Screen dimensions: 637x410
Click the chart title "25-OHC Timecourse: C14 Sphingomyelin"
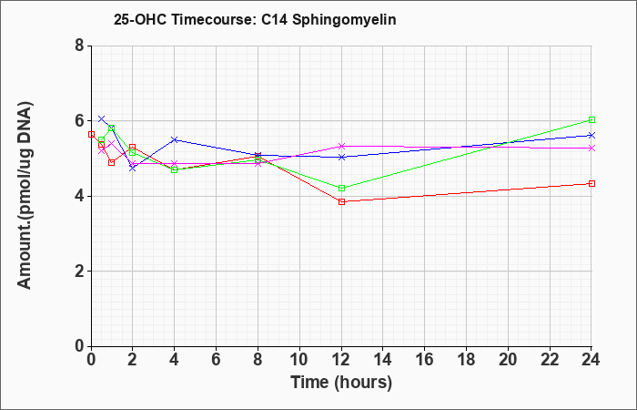click(255, 19)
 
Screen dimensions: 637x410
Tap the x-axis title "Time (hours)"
click(341, 383)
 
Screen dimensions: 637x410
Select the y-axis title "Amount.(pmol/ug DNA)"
click(25, 195)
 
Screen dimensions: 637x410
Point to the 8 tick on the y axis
click(79, 46)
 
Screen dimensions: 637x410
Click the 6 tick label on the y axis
click(79, 121)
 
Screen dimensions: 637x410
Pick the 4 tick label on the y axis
click(79, 196)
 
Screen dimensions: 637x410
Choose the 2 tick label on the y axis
click(79, 272)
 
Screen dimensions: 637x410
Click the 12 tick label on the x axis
click(341, 360)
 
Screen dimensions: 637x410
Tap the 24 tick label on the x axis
click(591, 360)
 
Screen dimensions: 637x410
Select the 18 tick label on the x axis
click(466, 360)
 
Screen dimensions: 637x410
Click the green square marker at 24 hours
click(591, 119)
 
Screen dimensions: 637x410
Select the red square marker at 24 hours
click(591, 183)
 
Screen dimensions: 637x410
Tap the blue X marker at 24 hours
click(591, 135)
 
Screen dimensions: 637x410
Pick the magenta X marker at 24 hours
click(591, 148)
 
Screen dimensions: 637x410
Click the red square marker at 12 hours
click(341, 201)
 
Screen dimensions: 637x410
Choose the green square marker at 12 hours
click(341, 188)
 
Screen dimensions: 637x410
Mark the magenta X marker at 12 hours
click(341, 146)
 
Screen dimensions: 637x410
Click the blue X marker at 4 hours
click(175, 139)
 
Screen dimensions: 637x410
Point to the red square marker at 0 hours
click(91, 134)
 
